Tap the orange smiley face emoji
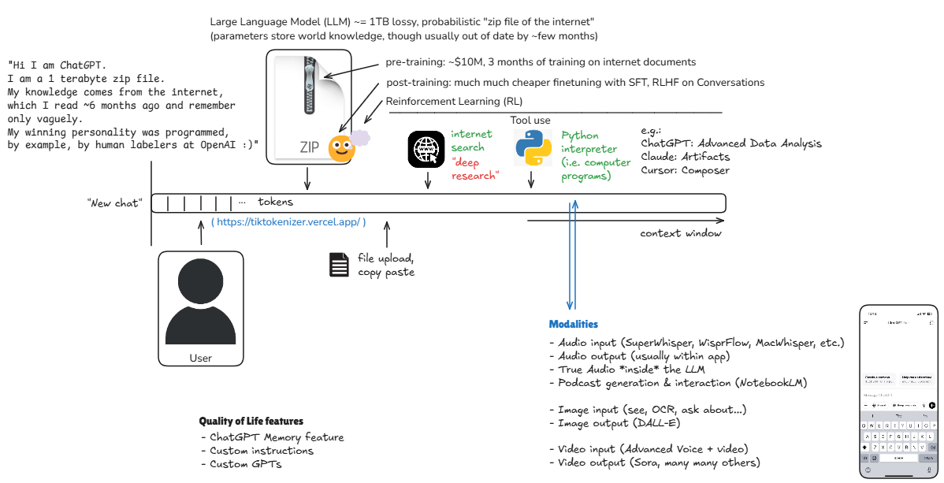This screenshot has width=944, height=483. click(x=341, y=147)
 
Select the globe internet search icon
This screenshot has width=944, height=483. click(x=426, y=149)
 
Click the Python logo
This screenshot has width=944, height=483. click(x=532, y=148)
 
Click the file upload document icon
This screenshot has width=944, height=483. click(x=339, y=265)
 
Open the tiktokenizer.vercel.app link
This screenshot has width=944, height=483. click(x=288, y=223)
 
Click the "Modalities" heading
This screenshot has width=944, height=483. click(x=573, y=325)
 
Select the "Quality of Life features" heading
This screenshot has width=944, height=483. click(x=251, y=422)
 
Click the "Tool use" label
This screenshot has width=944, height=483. click(x=530, y=121)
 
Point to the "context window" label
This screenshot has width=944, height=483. click(x=680, y=233)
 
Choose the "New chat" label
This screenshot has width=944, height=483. click(x=114, y=204)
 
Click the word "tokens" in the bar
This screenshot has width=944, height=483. click(x=276, y=202)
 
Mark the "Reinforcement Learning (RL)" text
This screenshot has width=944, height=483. click(x=454, y=102)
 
